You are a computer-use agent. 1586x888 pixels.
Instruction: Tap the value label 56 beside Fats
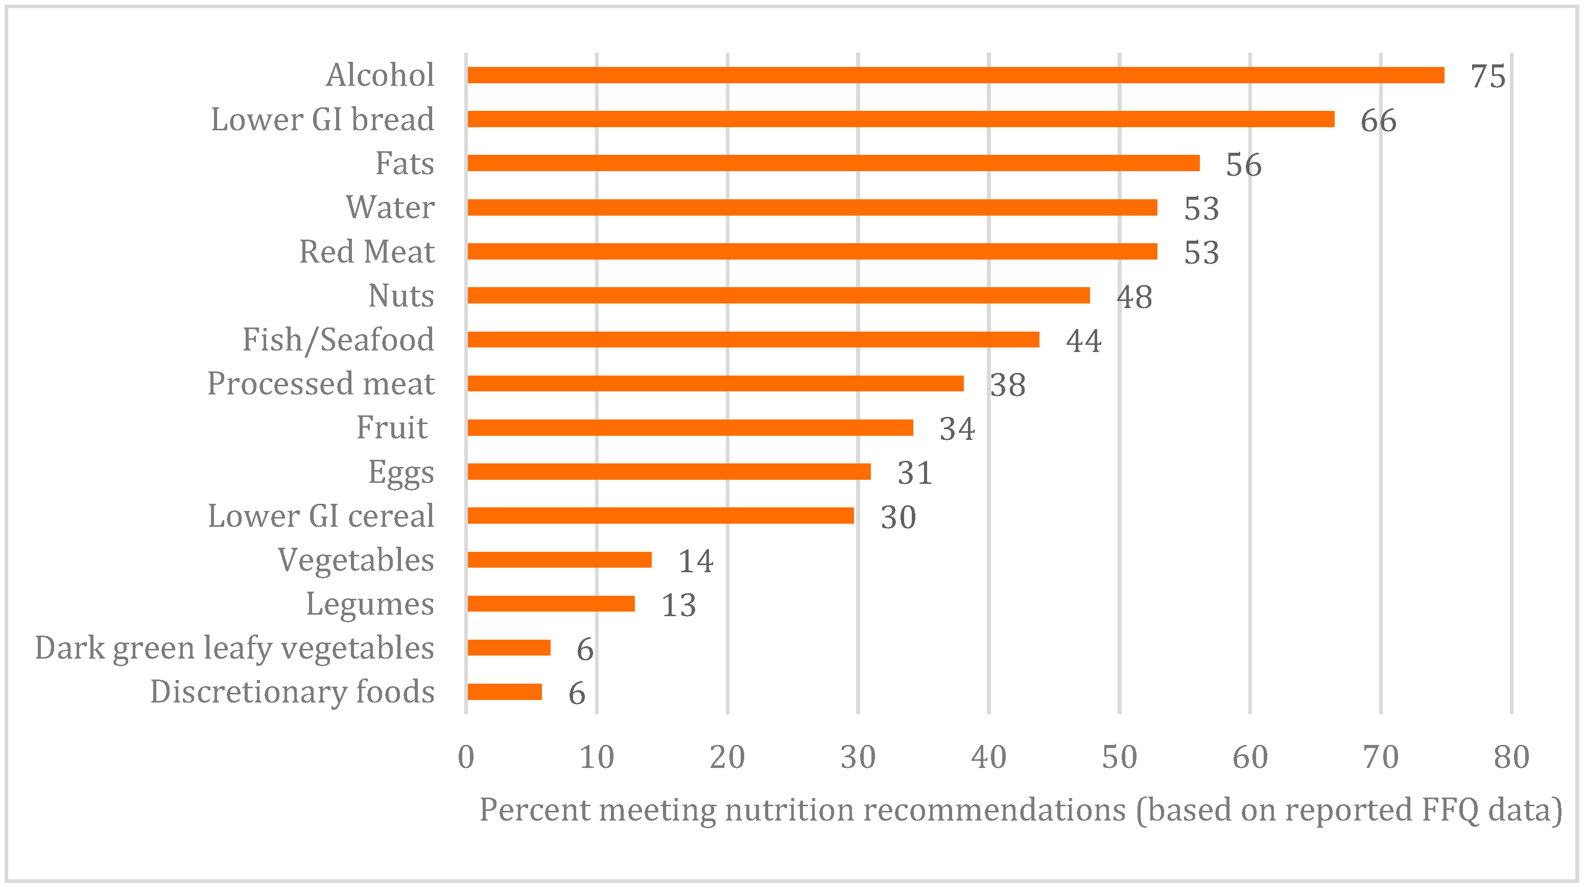(1243, 165)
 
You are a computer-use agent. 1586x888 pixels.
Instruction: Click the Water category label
(390, 207)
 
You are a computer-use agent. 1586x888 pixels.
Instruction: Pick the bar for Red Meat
(812, 251)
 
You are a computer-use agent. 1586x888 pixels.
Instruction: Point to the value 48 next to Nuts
(1133, 297)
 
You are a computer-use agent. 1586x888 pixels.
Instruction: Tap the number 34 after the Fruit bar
(956, 429)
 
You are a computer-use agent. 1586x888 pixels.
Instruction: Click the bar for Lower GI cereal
(660, 516)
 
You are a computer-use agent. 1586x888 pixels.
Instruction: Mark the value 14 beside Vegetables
(695, 561)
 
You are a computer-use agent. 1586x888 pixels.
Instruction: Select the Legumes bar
(551, 603)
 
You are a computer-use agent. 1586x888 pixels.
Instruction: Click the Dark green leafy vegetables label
(234, 648)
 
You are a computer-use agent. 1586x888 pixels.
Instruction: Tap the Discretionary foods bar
(504, 692)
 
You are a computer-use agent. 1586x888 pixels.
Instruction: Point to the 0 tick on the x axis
(466, 757)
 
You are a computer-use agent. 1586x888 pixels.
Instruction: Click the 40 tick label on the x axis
(988, 757)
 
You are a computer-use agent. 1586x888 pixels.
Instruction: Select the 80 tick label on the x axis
(1511, 757)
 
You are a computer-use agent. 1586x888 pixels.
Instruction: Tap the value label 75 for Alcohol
(1487, 76)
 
